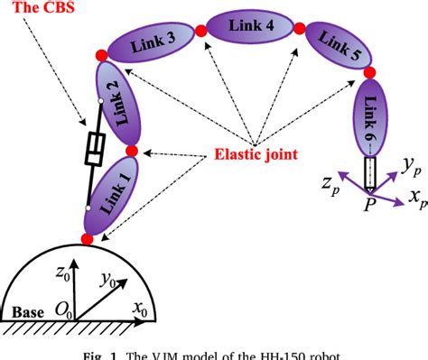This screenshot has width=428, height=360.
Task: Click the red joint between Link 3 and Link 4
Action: pyautogui.click(x=200, y=32)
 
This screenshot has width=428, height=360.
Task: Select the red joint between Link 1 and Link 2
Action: pyautogui.click(x=132, y=150)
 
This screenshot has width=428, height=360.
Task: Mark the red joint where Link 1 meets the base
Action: pyautogui.click(x=88, y=239)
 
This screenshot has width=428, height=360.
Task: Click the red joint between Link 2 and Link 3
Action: pyautogui.click(x=101, y=56)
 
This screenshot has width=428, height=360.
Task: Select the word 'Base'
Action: pyautogui.click(x=23, y=312)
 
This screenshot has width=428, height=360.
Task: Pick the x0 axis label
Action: pyautogui.click(x=140, y=310)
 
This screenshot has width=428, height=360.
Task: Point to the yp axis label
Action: pyautogui.click(x=411, y=165)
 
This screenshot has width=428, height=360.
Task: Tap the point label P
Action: pyautogui.click(x=368, y=207)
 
